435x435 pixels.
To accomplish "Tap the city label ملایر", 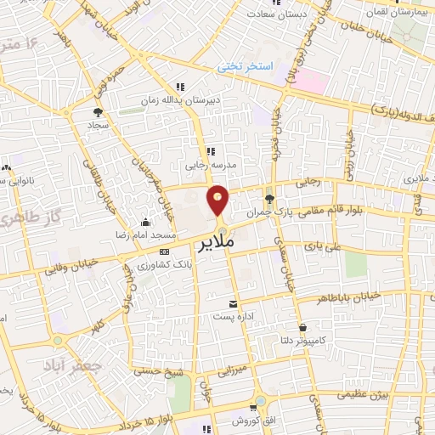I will [x=216, y=246].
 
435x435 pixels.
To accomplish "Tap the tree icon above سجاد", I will [x=99, y=111].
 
